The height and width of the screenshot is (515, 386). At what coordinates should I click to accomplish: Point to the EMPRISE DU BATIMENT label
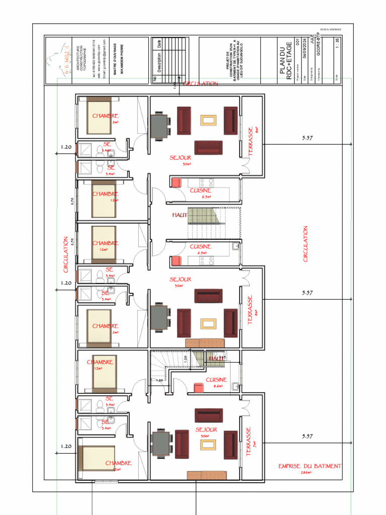(x=310, y=466)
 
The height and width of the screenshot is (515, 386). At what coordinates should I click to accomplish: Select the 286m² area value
(x=307, y=473)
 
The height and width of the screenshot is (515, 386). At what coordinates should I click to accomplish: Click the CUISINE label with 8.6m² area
(x=216, y=380)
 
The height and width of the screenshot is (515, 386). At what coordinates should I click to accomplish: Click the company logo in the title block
(x=57, y=60)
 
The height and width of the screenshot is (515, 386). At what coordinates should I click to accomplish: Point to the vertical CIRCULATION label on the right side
(x=305, y=243)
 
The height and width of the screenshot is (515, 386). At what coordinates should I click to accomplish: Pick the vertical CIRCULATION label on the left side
(x=65, y=254)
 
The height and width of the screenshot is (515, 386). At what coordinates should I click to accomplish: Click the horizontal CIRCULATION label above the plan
(x=201, y=83)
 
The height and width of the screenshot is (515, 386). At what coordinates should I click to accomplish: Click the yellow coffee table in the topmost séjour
(x=208, y=120)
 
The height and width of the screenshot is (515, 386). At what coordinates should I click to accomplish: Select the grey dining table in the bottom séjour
(x=161, y=443)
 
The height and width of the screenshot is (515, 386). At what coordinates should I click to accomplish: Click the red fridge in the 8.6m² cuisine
(x=199, y=387)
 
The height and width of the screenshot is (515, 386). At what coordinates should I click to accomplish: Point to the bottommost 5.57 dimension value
(x=307, y=437)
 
